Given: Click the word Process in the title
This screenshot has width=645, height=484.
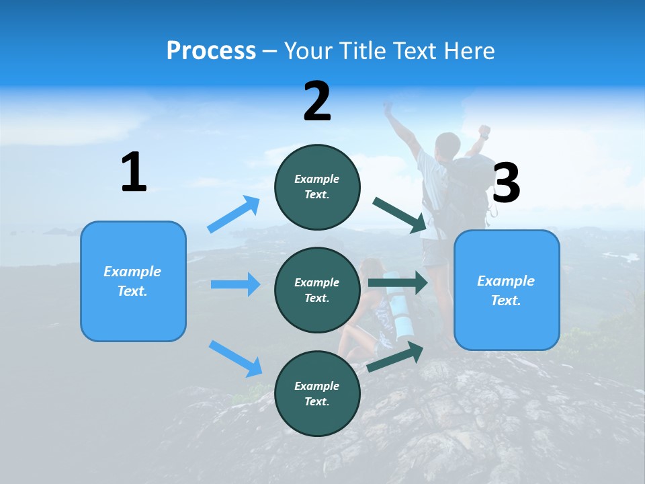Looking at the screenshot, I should [x=211, y=51].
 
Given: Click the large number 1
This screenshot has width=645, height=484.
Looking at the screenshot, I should [x=134, y=172].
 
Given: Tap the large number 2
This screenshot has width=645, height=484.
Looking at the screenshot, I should [x=317, y=102].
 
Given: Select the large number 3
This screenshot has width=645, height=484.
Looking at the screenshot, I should [x=506, y=183].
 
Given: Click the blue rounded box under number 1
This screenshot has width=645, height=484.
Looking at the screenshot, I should [x=133, y=281].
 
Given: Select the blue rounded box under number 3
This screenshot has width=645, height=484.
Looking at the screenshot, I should [x=507, y=290].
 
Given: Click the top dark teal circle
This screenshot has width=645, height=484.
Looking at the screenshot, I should [x=317, y=187].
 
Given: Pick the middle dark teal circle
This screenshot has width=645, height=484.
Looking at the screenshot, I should [x=317, y=290].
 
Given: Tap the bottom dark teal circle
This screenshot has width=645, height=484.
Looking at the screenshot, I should [x=317, y=393].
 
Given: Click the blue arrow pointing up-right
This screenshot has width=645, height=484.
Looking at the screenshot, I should [x=234, y=214].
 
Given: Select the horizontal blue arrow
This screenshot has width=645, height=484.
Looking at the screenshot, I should [x=235, y=284].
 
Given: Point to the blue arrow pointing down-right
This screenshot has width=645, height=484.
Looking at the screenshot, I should [x=235, y=358].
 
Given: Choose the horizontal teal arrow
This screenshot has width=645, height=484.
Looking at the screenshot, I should [x=398, y=282].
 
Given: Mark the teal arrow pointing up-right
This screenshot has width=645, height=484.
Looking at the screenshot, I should [x=395, y=357].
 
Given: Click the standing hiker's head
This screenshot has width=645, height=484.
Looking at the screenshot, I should [x=447, y=145].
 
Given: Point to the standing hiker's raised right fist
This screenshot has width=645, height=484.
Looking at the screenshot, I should [x=484, y=130].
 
